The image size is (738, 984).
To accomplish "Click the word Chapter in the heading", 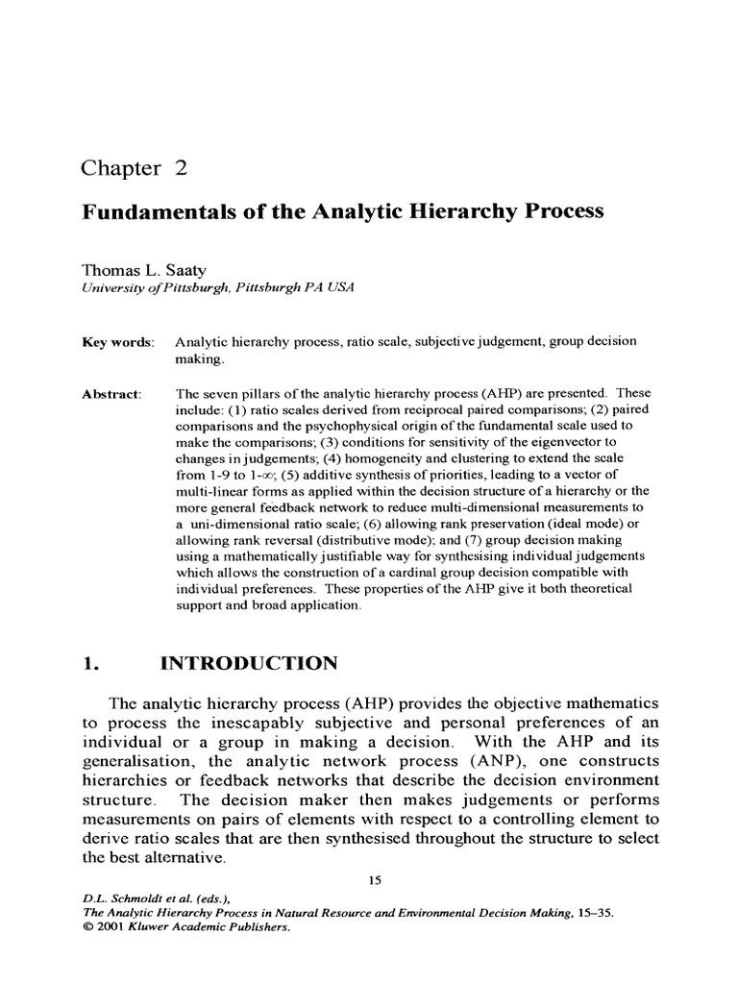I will pyautogui.click(x=120, y=169).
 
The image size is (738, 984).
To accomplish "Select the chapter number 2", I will pyautogui.click(x=180, y=169).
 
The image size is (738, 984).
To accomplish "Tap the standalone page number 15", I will pyautogui.click(x=376, y=877).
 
